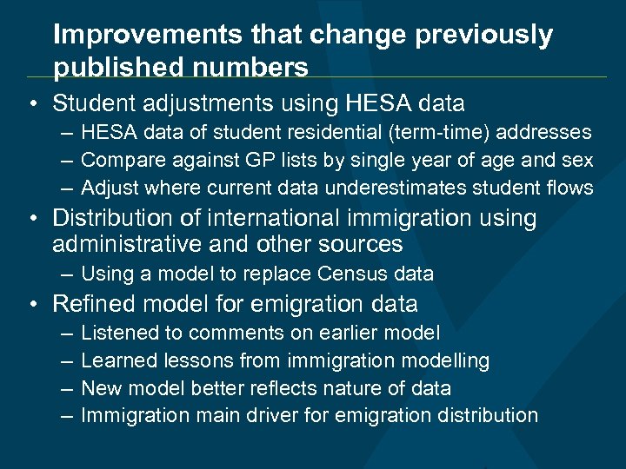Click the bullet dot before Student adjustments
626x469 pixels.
30,104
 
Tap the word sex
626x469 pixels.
577,160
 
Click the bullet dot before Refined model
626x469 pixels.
30,304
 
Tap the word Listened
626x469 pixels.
116,333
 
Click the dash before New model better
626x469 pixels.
67,388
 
